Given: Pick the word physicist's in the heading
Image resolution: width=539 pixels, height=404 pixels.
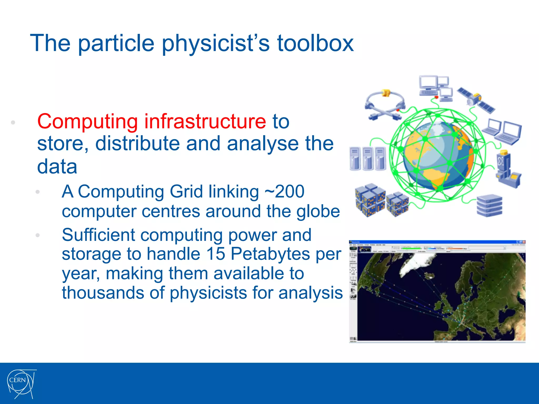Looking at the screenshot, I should pos(216,44).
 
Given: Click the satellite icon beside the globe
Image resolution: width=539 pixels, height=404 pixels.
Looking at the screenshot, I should pos(476,100).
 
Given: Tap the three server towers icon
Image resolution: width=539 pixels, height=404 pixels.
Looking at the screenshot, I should pos(367,158).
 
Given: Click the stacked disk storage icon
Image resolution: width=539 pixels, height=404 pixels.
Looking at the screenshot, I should pos(489,206).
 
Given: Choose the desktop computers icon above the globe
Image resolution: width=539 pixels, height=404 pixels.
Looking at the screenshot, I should pos(436,88).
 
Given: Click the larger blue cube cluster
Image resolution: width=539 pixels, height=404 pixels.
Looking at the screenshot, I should pos(370,200).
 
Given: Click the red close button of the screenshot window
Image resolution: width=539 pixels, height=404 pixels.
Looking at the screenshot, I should pos(523,242).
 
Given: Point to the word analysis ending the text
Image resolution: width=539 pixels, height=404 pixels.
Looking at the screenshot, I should pos(311,293).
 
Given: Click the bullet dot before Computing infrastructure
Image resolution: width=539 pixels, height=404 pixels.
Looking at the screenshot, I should pos(13,122).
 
